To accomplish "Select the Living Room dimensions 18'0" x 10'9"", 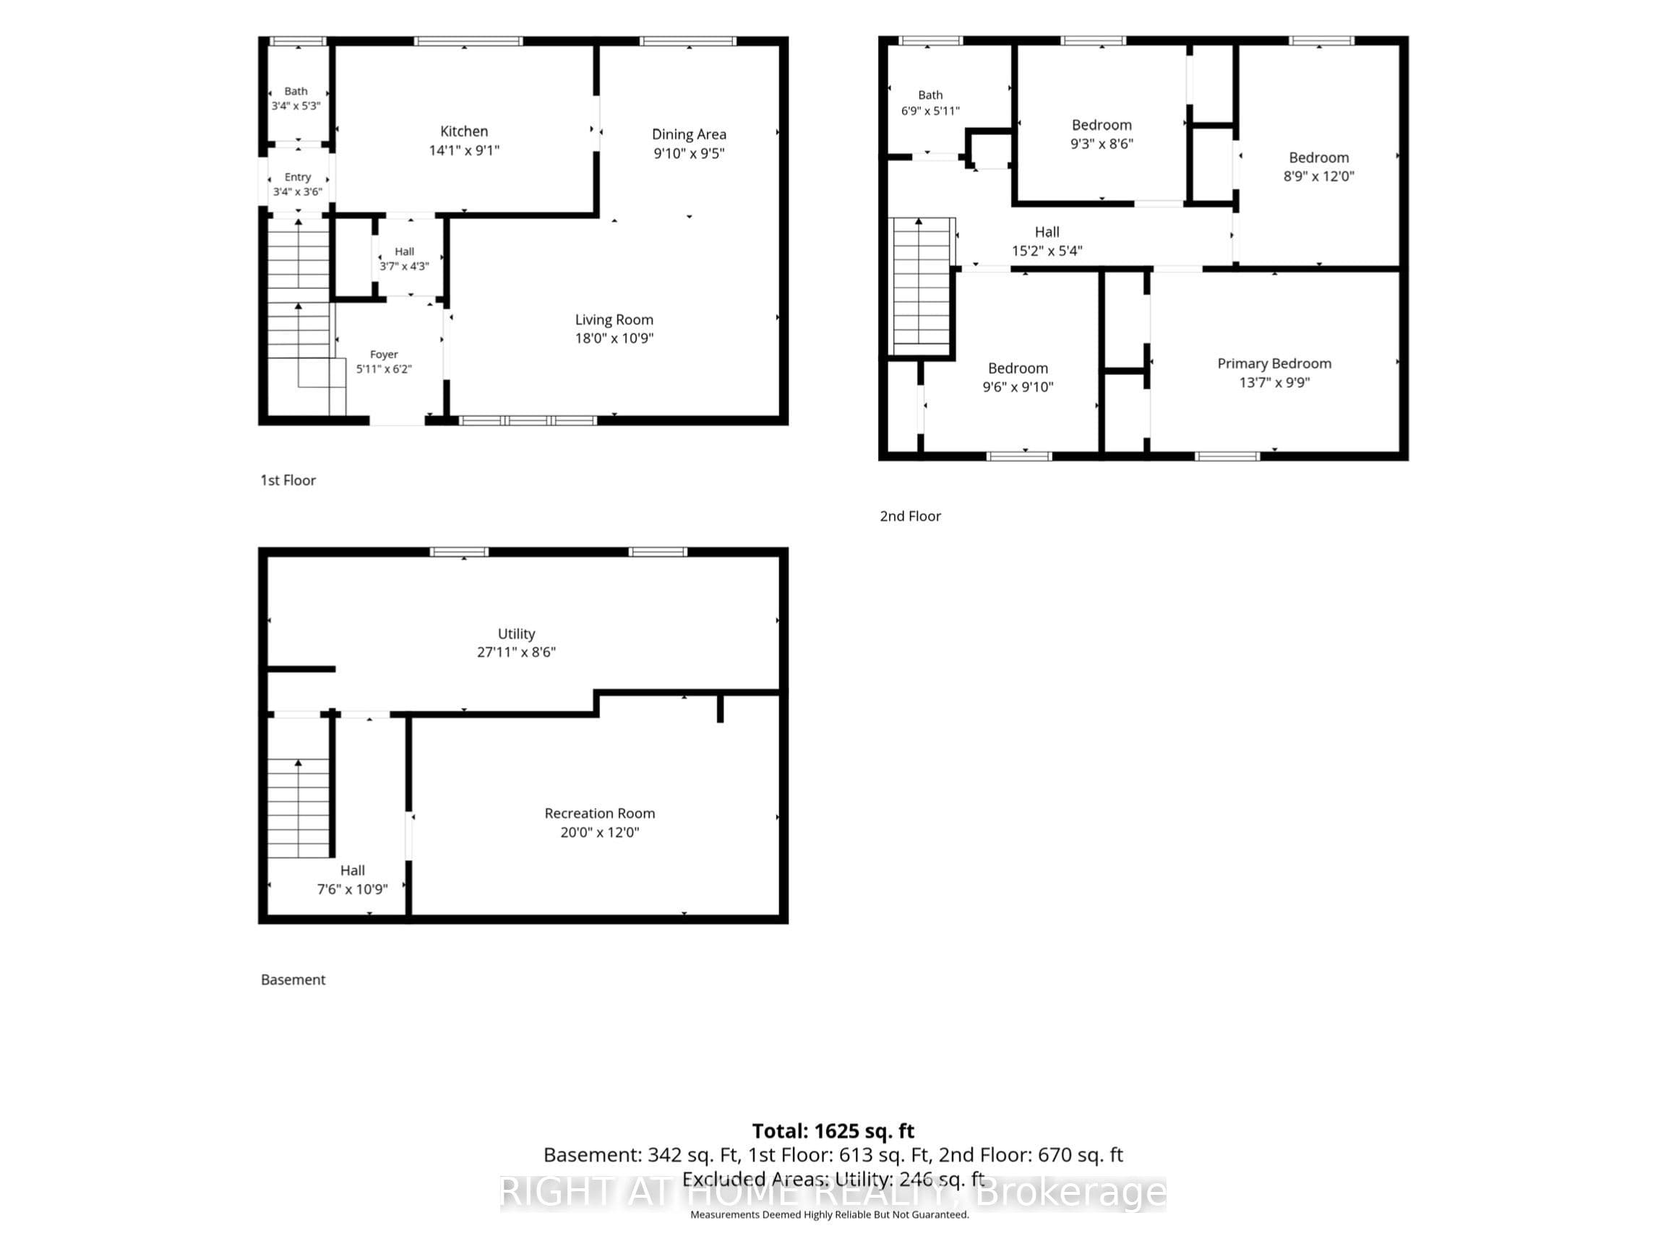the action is click(x=614, y=338).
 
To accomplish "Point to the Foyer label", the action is click(x=384, y=354).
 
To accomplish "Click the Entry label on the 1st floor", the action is click(x=298, y=177).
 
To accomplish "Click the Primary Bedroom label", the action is click(x=1274, y=363).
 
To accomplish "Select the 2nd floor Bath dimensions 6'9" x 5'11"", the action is click(x=930, y=111).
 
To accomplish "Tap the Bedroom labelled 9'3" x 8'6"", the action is click(x=1102, y=134).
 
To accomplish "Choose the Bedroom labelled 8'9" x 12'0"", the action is click(x=1319, y=166).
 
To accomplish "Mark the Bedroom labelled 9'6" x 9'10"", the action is click(x=1018, y=377).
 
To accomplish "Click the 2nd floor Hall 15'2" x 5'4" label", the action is click(x=1047, y=241).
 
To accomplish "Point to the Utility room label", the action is click(x=517, y=634).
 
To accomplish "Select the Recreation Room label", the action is click(x=599, y=813).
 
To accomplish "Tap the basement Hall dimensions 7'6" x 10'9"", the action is click(x=353, y=889).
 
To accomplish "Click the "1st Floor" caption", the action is click(x=288, y=480).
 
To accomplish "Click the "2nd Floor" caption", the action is click(x=911, y=516).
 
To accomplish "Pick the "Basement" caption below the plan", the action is click(x=293, y=980).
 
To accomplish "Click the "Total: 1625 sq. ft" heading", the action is click(x=833, y=1131).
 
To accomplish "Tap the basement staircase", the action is click(x=299, y=808).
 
